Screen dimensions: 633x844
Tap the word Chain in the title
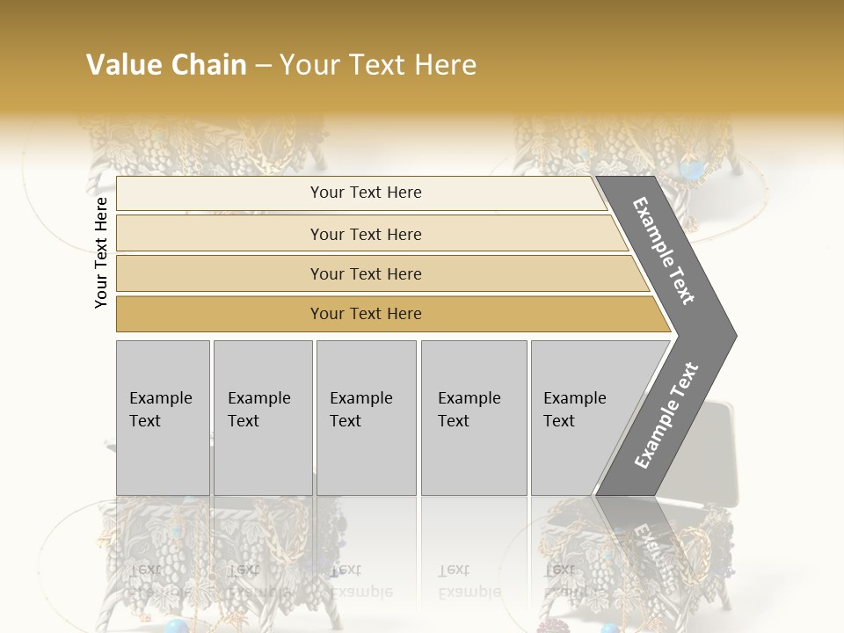tap(210, 65)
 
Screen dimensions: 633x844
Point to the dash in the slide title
tap(263, 66)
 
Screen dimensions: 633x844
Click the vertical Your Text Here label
tap(101, 252)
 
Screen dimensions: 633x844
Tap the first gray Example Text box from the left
tap(163, 418)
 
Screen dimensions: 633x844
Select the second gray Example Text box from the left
tap(263, 418)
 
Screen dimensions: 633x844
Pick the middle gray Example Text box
tap(366, 418)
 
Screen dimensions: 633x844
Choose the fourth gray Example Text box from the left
tap(474, 418)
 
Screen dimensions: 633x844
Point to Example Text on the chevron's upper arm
tap(664, 251)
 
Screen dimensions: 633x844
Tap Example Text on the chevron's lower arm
tap(666, 415)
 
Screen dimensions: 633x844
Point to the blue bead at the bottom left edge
tap(178, 625)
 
